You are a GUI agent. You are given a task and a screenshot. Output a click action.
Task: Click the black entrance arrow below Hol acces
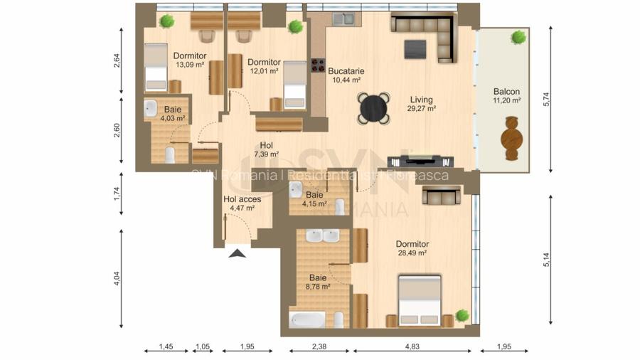[238, 251]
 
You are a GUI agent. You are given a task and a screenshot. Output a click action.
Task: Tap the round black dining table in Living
[373, 108]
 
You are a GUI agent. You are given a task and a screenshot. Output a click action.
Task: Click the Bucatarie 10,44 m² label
[346, 75]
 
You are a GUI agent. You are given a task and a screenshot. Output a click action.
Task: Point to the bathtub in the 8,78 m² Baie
[306, 319]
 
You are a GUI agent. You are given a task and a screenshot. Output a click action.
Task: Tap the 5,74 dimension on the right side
[546, 100]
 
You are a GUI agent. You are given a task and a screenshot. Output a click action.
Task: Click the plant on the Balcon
[520, 36]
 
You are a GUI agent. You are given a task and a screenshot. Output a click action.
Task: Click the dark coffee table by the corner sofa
[415, 48]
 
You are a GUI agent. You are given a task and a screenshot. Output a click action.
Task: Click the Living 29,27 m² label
[422, 105]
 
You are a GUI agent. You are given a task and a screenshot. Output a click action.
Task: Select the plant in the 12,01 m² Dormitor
[295, 26]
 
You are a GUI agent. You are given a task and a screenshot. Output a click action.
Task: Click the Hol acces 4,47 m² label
[242, 204]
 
